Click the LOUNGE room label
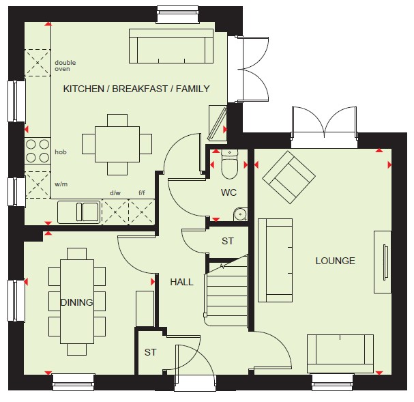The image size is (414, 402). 336,261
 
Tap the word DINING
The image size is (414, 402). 77,302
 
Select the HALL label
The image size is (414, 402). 181,282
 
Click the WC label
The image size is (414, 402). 228,192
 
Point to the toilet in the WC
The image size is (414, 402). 230,164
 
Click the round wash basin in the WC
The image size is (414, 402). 240,214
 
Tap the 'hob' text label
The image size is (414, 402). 61,152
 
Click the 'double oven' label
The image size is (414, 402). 65,66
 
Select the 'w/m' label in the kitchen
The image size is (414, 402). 61,184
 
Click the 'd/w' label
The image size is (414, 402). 115,193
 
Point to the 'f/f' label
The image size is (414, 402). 142,193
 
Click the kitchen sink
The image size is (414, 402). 79,212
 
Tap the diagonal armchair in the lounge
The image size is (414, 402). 289,177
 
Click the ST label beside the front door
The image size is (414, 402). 151,352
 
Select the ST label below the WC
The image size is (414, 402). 228,241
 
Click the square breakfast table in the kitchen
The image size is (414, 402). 117,144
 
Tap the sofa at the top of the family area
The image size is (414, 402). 171,46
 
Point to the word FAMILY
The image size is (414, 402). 193,89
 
